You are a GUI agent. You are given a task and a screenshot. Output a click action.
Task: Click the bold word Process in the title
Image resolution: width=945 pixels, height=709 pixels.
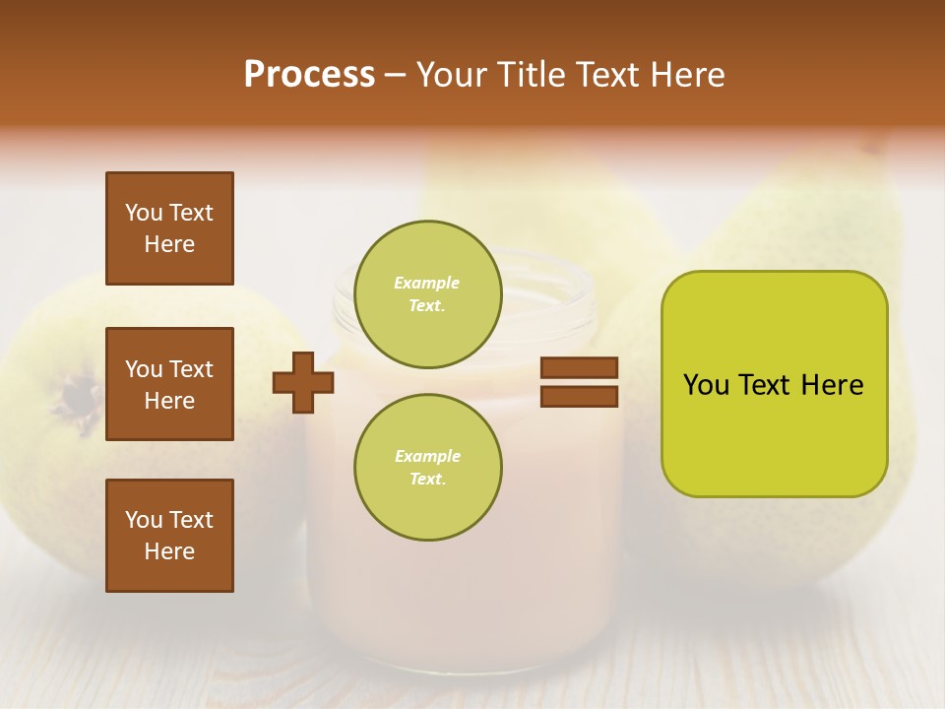coord(309,75)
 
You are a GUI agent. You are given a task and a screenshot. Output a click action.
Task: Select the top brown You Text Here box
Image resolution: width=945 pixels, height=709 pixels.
coord(169,228)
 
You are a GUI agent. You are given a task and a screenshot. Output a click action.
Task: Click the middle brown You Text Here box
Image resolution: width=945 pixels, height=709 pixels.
coord(169,384)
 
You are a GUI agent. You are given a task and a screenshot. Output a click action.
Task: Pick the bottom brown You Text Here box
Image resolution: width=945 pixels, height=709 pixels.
coord(169,535)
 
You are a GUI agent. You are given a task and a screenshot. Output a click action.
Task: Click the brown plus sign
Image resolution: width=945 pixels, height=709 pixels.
coord(303,383)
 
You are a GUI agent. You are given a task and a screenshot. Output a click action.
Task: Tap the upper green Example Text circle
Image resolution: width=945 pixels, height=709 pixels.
coord(427,294)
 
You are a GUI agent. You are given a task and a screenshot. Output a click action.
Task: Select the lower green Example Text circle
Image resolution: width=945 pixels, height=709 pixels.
coord(427,468)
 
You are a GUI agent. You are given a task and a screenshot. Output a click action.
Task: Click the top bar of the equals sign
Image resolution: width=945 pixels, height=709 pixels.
coord(580,368)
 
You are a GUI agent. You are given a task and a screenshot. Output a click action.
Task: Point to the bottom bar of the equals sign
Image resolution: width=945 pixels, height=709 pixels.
coord(580,397)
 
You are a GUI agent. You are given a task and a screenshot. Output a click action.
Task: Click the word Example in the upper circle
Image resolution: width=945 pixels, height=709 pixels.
coord(426,283)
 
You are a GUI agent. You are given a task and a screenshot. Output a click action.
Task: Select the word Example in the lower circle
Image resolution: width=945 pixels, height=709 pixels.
coord(427,456)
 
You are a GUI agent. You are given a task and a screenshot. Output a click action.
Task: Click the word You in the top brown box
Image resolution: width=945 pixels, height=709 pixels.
coord(144,213)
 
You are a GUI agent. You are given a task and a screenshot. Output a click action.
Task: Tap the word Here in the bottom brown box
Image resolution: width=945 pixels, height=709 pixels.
coord(169,551)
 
